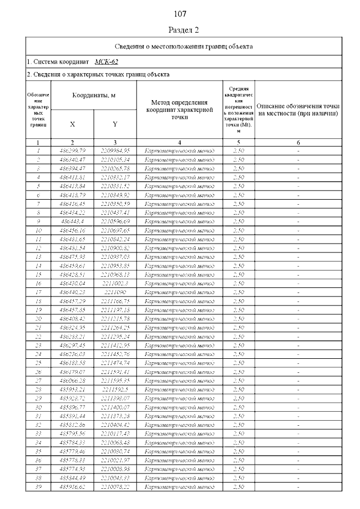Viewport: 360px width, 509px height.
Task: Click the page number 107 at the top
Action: (x=180, y=13)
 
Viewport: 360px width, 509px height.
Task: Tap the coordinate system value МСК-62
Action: (x=106, y=61)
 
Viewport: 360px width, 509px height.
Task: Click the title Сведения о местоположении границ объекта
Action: (x=183, y=46)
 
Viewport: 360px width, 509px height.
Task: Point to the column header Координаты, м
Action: (x=94, y=96)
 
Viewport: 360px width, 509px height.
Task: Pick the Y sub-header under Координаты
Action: (x=115, y=124)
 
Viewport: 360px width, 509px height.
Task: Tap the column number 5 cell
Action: (x=238, y=143)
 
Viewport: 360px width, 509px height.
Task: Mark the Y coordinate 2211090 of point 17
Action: (x=115, y=292)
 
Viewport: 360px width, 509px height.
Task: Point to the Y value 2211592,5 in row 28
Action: (x=115, y=389)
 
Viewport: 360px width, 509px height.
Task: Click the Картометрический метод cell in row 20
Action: (x=179, y=319)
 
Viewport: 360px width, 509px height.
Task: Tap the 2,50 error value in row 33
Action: (x=238, y=434)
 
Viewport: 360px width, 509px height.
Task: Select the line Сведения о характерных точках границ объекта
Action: (x=98, y=74)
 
